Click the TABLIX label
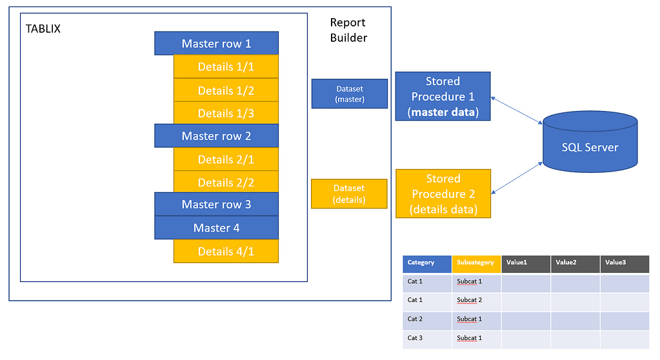point(43,30)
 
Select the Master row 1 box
point(216,44)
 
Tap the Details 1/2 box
point(226,90)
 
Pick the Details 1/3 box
point(226,113)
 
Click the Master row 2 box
point(216,136)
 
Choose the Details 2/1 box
point(226,159)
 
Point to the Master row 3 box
point(216,204)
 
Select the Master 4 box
point(216,228)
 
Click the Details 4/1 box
point(226,251)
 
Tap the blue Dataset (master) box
point(349,94)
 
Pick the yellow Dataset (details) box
point(349,194)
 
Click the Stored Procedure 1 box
point(443,97)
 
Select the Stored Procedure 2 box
point(443,194)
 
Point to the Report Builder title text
point(348,30)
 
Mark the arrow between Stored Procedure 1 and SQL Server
point(517,110)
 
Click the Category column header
point(427,263)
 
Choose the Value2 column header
point(575,263)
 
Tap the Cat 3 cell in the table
point(427,338)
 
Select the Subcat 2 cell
point(476,300)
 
